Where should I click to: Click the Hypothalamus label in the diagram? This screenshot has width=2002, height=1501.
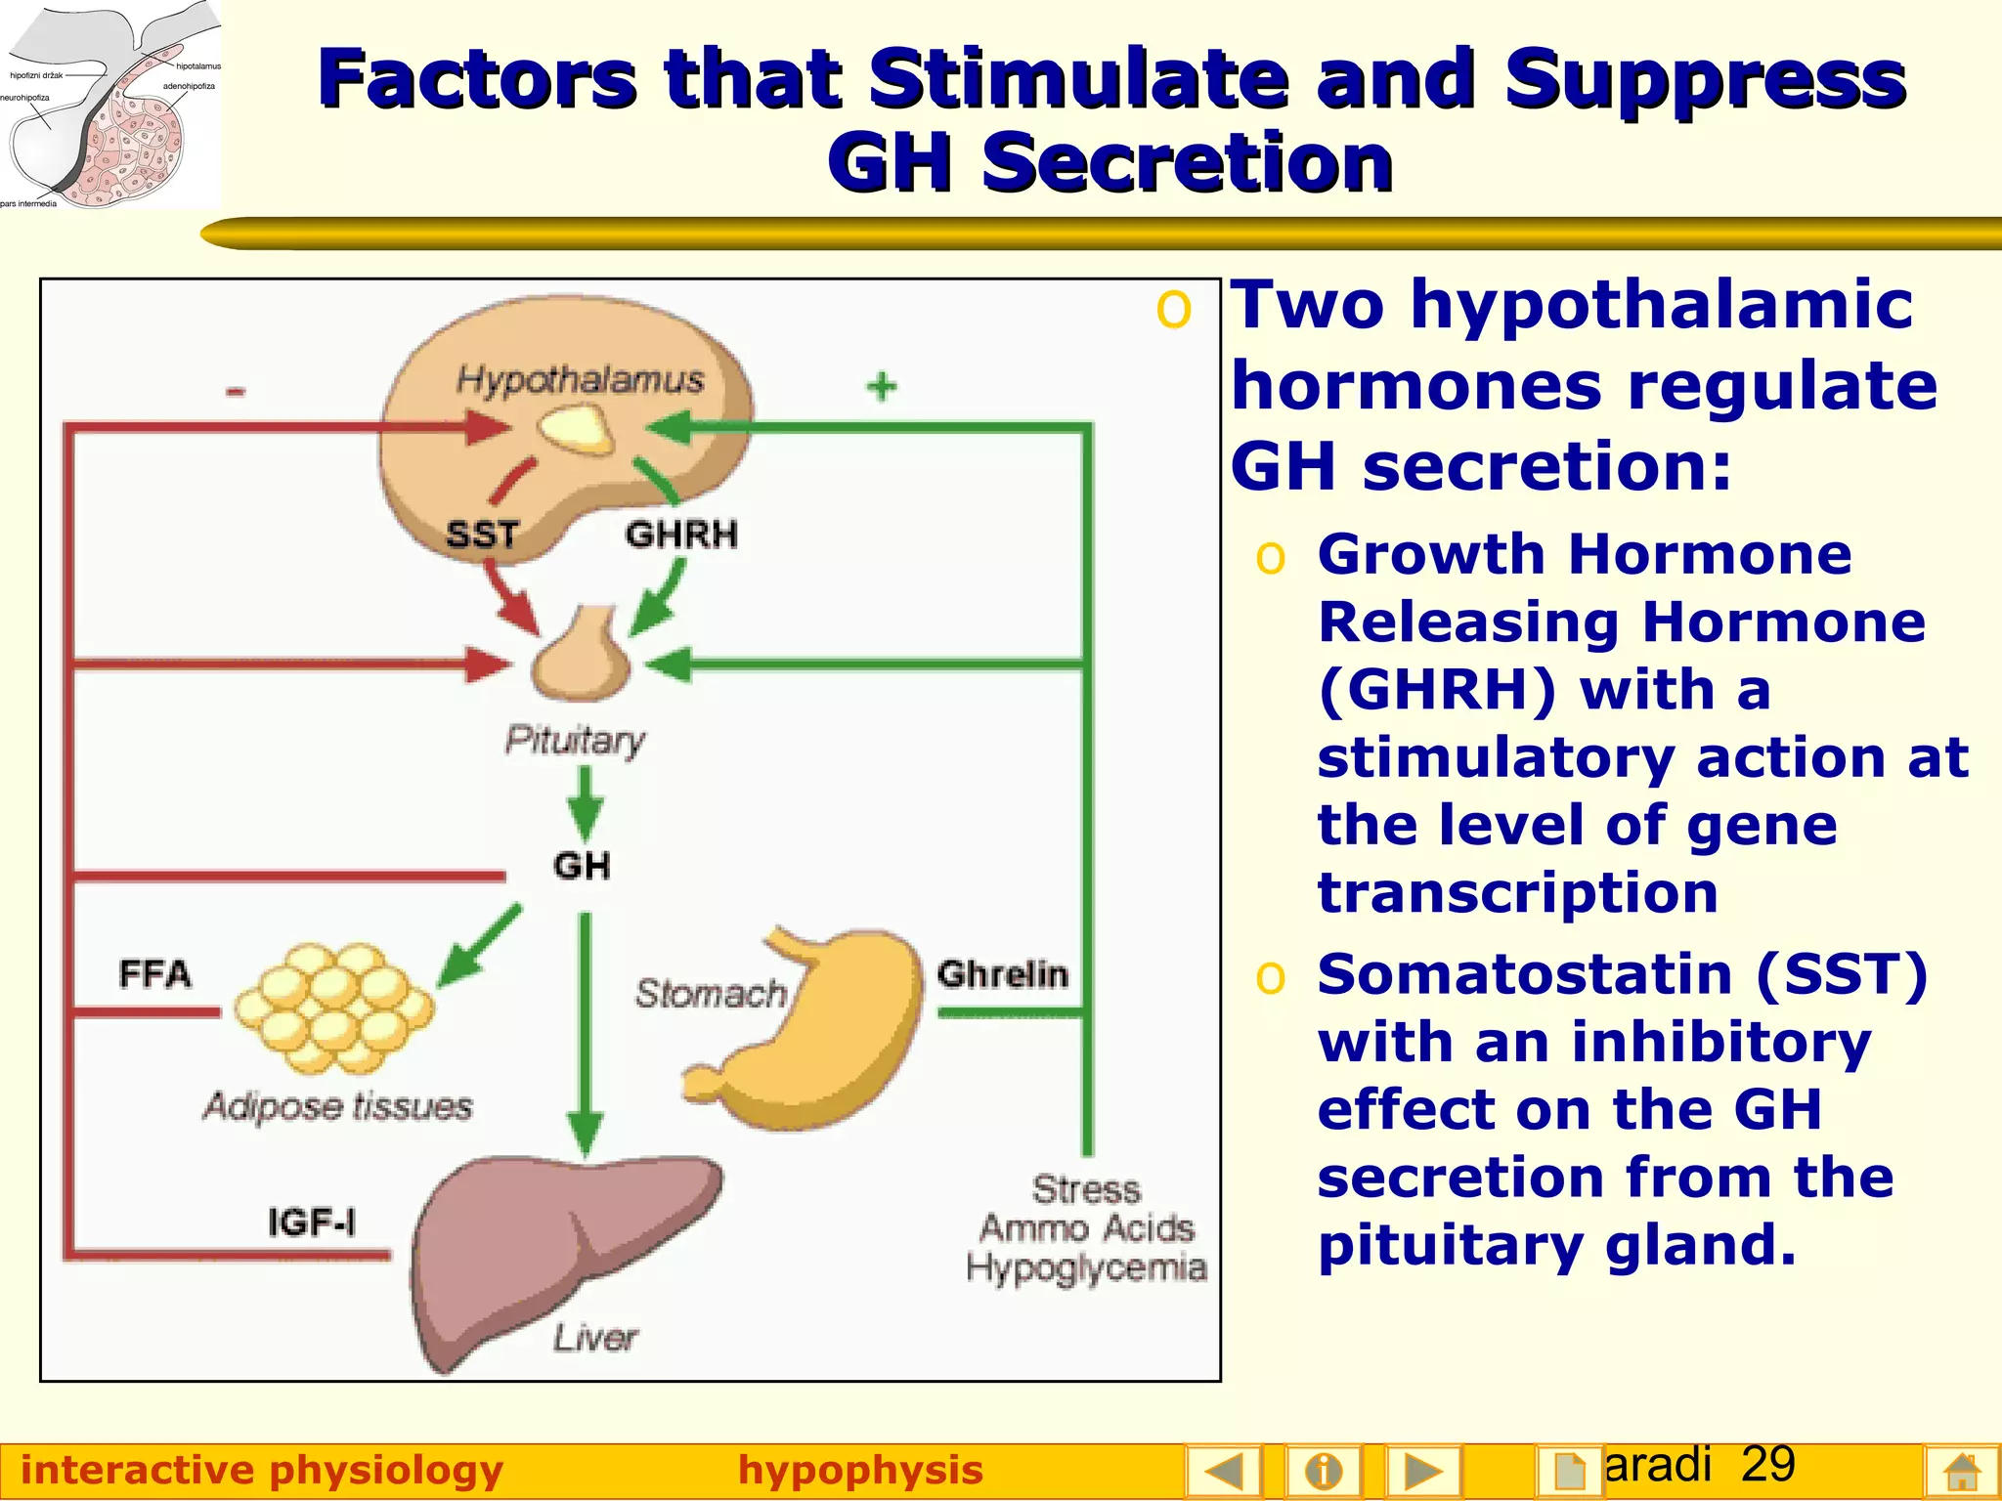pos(580,379)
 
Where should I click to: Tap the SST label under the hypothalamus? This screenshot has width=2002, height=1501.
pos(481,535)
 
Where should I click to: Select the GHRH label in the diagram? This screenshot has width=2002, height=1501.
pos(681,535)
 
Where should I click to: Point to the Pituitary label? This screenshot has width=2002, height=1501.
pos(575,740)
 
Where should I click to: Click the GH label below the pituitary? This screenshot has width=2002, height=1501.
pos(582,866)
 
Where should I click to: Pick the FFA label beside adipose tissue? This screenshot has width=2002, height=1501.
pos(154,974)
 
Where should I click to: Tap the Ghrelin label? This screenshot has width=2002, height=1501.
pos(1002,974)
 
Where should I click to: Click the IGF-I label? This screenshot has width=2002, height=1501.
pos(312,1222)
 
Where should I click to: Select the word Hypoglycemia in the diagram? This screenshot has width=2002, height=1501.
pos(1086,1267)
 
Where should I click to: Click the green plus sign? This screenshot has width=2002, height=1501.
pos(882,386)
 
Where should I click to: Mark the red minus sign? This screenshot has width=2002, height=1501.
pos(236,392)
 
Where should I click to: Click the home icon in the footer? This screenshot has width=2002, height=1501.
pos(1962,1472)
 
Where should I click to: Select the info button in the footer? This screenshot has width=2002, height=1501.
pos(1324,1471)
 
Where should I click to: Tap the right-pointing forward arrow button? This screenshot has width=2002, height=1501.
pos(1422,1471)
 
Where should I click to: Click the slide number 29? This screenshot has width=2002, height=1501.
pos(1767,1464)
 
